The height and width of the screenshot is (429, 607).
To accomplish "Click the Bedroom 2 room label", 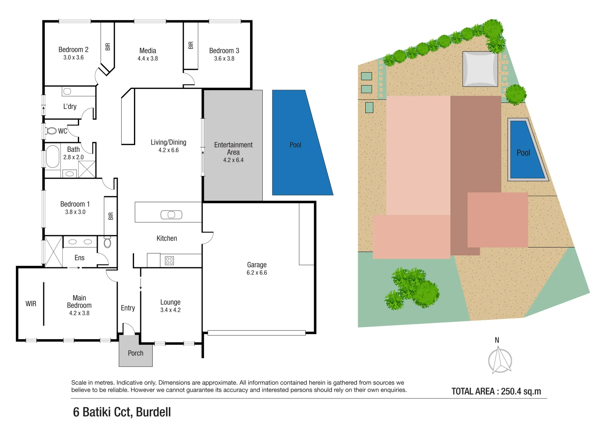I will click(x=73, y=50).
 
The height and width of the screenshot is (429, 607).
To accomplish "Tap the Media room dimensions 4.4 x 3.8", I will click(x=147, y=58).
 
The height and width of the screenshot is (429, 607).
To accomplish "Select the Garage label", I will click(x=256, y=265).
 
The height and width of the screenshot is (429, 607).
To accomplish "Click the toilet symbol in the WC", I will click(x=51, y=131).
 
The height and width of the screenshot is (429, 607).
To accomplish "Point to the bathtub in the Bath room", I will click(x=52, y=157).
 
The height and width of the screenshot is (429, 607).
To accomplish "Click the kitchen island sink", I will click(x=171, y=215).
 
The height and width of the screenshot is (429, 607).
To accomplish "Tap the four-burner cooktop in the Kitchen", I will click(x=169, y=261).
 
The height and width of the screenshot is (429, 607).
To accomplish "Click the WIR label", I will click(x=31, y=304).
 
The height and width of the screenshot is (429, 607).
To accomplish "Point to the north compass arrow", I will click(x=500, y=359).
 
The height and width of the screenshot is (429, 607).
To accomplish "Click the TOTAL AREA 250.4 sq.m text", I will click(x=496, y=391).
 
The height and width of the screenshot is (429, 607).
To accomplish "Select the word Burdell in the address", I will click(x=153, y=412).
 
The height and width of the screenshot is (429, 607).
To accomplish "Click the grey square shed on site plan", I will click(x=480, y=69).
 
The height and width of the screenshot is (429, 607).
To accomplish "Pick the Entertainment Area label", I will click(x=233, y=149).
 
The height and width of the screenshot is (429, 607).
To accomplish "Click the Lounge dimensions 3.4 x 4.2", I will click(x=170, y=310).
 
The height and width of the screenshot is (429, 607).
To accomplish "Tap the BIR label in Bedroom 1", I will click(x=111, y=216).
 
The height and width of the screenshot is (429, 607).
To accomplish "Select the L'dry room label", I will click(x=70, y=106).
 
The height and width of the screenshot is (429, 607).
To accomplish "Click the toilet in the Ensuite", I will click(x=107, y=242).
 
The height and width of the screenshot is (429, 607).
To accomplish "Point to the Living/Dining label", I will click(x=168, y=142).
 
